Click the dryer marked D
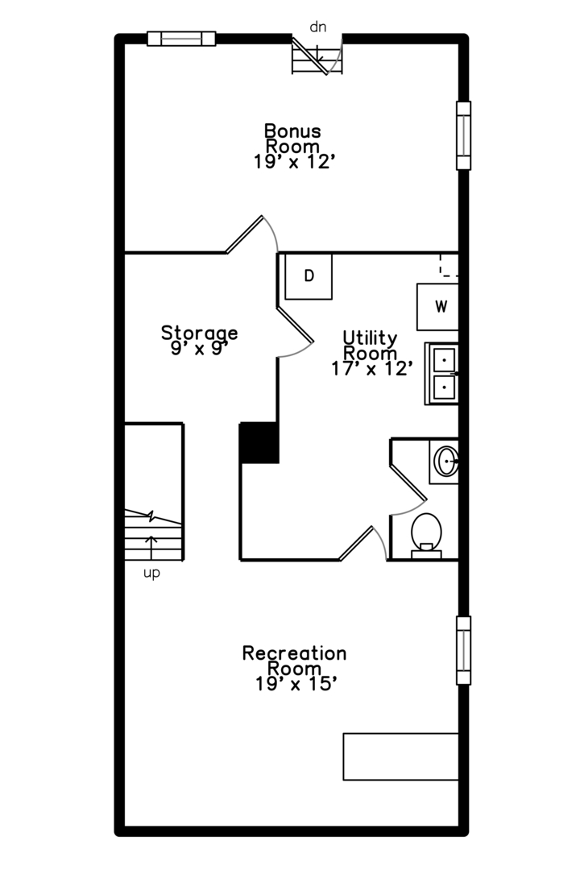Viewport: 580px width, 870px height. coord(309,276)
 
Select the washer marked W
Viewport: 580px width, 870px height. coord(439,307)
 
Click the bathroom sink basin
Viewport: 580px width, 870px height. coord(445,462)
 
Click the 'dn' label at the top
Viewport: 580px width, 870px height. coord(318,27)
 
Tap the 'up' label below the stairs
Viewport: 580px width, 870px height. coord(151,574)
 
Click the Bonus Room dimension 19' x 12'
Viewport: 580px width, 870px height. coord(293,162)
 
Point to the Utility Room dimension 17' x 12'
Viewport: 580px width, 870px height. coord(371,368)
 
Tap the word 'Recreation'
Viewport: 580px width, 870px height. coord(294,652)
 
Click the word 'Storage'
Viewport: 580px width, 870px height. coord(199,332)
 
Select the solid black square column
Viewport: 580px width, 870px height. coord(259,442)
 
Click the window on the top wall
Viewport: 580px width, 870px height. coord(181,39)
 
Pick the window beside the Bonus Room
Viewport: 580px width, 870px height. coord(463,135)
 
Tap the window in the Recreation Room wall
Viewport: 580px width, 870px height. coord(463,650)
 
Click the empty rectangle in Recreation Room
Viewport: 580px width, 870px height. coord(400,756)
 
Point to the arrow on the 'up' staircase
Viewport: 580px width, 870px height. coord(151,545)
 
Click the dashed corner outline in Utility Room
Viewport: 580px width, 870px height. coord(448,266)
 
